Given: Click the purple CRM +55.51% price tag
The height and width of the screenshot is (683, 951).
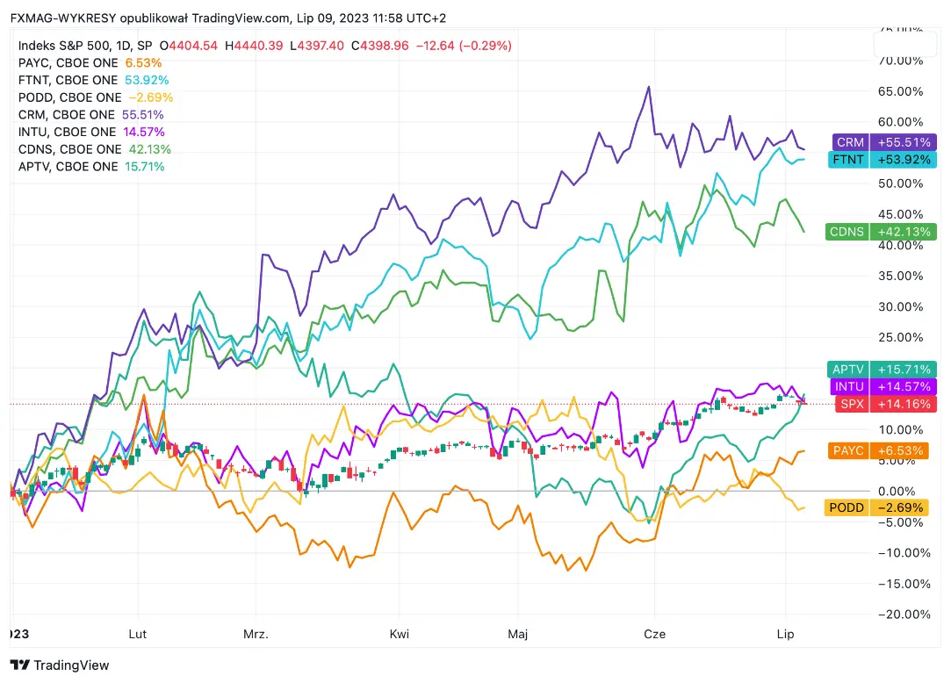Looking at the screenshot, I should [x=883, y=142].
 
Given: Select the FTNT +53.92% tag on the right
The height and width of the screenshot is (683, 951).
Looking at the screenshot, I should [x=883, y=160].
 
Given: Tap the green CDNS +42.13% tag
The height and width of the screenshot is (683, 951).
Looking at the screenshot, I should [x=883, y=232].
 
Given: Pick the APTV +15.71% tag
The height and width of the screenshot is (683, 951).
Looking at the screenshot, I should [x=883, y=370].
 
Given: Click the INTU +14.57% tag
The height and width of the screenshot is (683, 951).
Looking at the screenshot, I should [x=883, y=386].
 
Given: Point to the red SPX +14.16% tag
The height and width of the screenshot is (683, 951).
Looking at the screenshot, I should [x=883, y=404].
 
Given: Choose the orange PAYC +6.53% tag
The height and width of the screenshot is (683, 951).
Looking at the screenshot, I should [x=883, y=450].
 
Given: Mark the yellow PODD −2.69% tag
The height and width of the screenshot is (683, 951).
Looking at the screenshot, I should [x=883, y=507].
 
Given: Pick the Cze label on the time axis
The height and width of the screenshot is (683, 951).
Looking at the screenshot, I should [x=655, y=634].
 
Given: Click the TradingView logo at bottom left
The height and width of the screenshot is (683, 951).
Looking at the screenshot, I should [x=60, y=665].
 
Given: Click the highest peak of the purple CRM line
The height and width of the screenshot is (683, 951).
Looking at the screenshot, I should [x=648, y=87].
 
